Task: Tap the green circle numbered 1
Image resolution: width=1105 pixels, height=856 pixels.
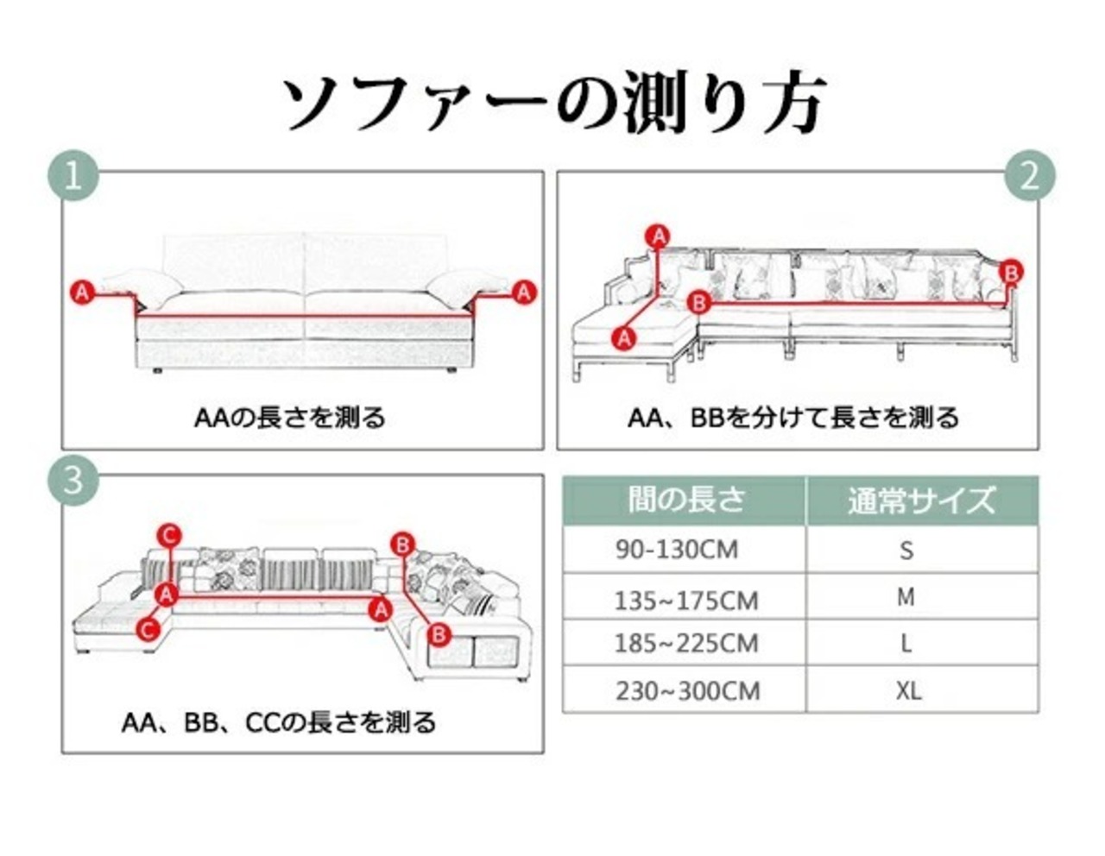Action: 73,177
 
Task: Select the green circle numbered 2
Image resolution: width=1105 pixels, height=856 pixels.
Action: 1030,177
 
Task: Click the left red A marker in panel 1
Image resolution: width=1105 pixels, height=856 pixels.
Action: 82,293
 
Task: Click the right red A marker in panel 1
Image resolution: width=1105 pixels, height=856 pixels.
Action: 524,293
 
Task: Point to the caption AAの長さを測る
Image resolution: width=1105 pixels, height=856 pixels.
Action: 290,419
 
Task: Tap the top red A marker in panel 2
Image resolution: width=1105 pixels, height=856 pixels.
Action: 659,236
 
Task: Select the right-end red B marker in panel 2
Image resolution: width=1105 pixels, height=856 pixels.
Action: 1011,273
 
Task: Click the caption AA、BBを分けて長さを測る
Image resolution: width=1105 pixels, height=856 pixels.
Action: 793,419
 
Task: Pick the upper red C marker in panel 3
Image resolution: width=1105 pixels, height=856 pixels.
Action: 168,536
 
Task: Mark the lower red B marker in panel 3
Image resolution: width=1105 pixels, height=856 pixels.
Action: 439,635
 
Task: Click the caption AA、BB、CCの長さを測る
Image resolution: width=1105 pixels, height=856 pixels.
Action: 279,721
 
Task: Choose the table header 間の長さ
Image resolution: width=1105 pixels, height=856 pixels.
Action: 685,500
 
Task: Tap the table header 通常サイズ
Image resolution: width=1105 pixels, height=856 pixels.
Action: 921,500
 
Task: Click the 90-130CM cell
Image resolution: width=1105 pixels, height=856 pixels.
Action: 677,550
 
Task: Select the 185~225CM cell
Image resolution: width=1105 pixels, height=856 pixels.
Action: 685,644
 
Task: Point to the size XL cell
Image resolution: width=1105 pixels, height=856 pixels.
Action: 908,690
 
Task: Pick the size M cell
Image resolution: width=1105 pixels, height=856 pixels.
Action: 906,597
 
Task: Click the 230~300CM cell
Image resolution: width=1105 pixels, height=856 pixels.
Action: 687,691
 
